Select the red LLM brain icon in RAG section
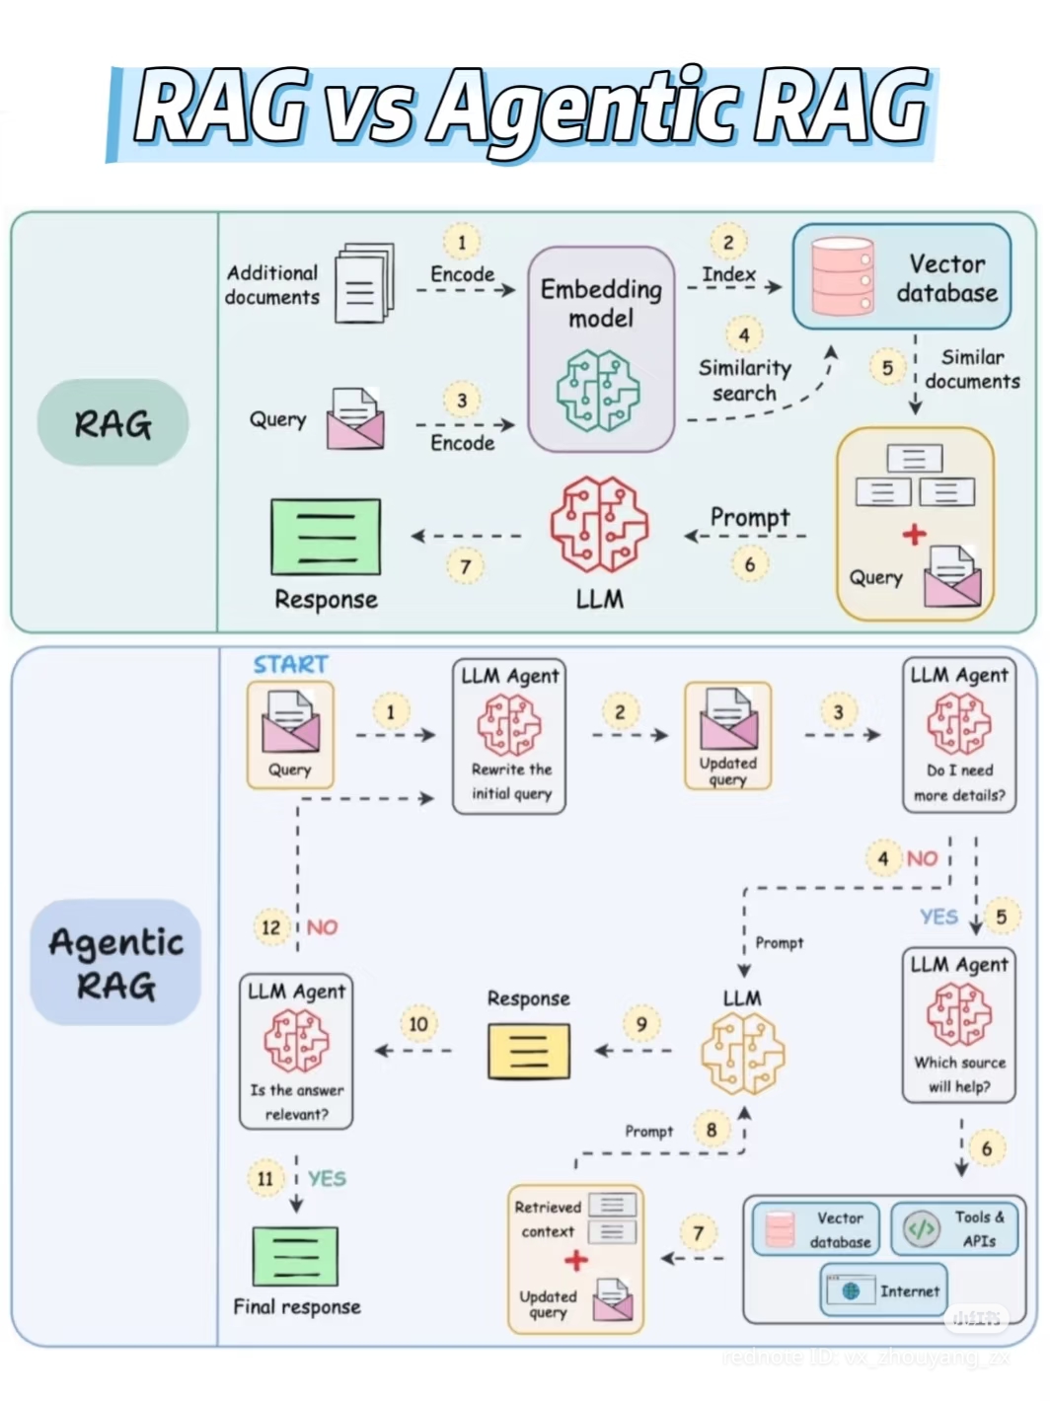[599, 525]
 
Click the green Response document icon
[326, 537]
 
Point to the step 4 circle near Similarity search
[744, 335]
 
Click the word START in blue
[290, 665]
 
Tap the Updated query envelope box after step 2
[728, 736]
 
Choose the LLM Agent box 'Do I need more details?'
[959, 736]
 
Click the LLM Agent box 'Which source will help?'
[959, 1025]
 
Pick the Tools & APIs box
[954, 1228]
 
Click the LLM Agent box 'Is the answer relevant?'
[296, 1052]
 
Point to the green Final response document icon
[295, 1256]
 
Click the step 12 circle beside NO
[270, 927]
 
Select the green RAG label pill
[113, 422]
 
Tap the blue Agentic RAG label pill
[115, 962]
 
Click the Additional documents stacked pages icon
[363, 284]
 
